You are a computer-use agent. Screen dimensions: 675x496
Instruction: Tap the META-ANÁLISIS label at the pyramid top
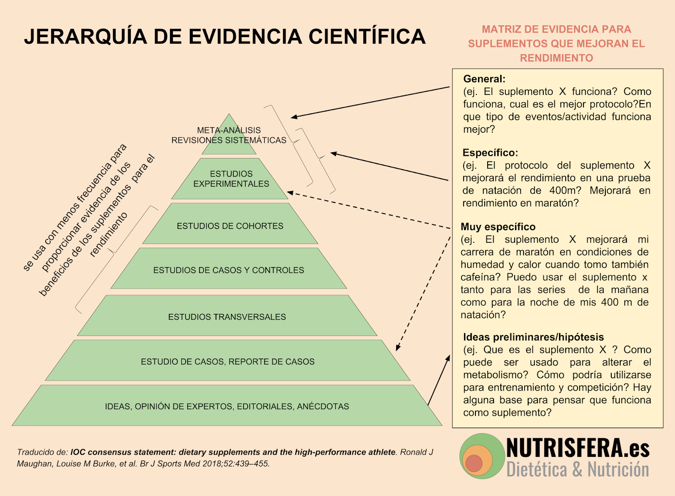tap(229, 130)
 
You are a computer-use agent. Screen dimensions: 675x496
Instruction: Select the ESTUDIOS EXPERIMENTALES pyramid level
tap(231, 179)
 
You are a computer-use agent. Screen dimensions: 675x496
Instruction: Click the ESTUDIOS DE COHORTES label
tap(230, 226)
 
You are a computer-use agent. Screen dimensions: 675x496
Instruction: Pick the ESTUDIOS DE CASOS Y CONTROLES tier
tap(228, 270)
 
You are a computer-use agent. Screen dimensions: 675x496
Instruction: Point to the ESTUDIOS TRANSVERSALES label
tap(227, 317)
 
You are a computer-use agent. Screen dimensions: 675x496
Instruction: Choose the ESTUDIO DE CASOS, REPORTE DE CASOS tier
tap(227, 362)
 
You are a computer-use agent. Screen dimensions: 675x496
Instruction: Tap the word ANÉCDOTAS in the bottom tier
tap(323, 406)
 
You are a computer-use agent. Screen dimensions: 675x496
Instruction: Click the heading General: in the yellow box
tap(484, 79)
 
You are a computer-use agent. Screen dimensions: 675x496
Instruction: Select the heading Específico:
tap(490, 153)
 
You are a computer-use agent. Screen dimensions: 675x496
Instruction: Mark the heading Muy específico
tap(498, 227)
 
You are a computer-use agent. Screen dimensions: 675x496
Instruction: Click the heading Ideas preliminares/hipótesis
tap(533, 337)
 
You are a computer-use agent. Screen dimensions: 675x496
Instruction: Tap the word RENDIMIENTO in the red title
tap(556, 58)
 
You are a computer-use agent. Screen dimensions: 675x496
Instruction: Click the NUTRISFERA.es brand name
tap(578, 448)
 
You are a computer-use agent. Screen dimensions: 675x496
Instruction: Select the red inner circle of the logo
tap(474, 463)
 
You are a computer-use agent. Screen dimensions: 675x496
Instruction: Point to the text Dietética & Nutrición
tap(578, 469)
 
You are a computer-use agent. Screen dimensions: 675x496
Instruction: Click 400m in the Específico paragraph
tap(565, 190)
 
